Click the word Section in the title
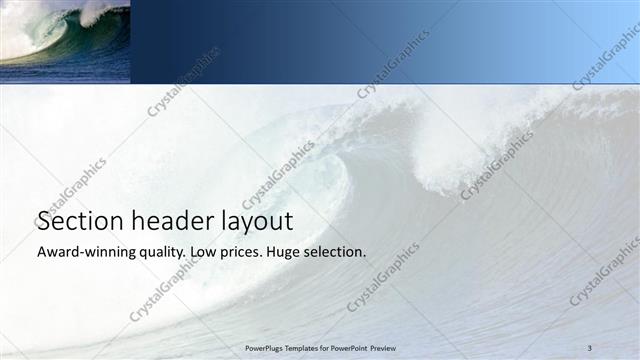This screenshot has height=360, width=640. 79,221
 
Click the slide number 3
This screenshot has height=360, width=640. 590,347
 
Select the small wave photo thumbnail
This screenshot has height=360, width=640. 65,40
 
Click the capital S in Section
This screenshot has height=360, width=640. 44,221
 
